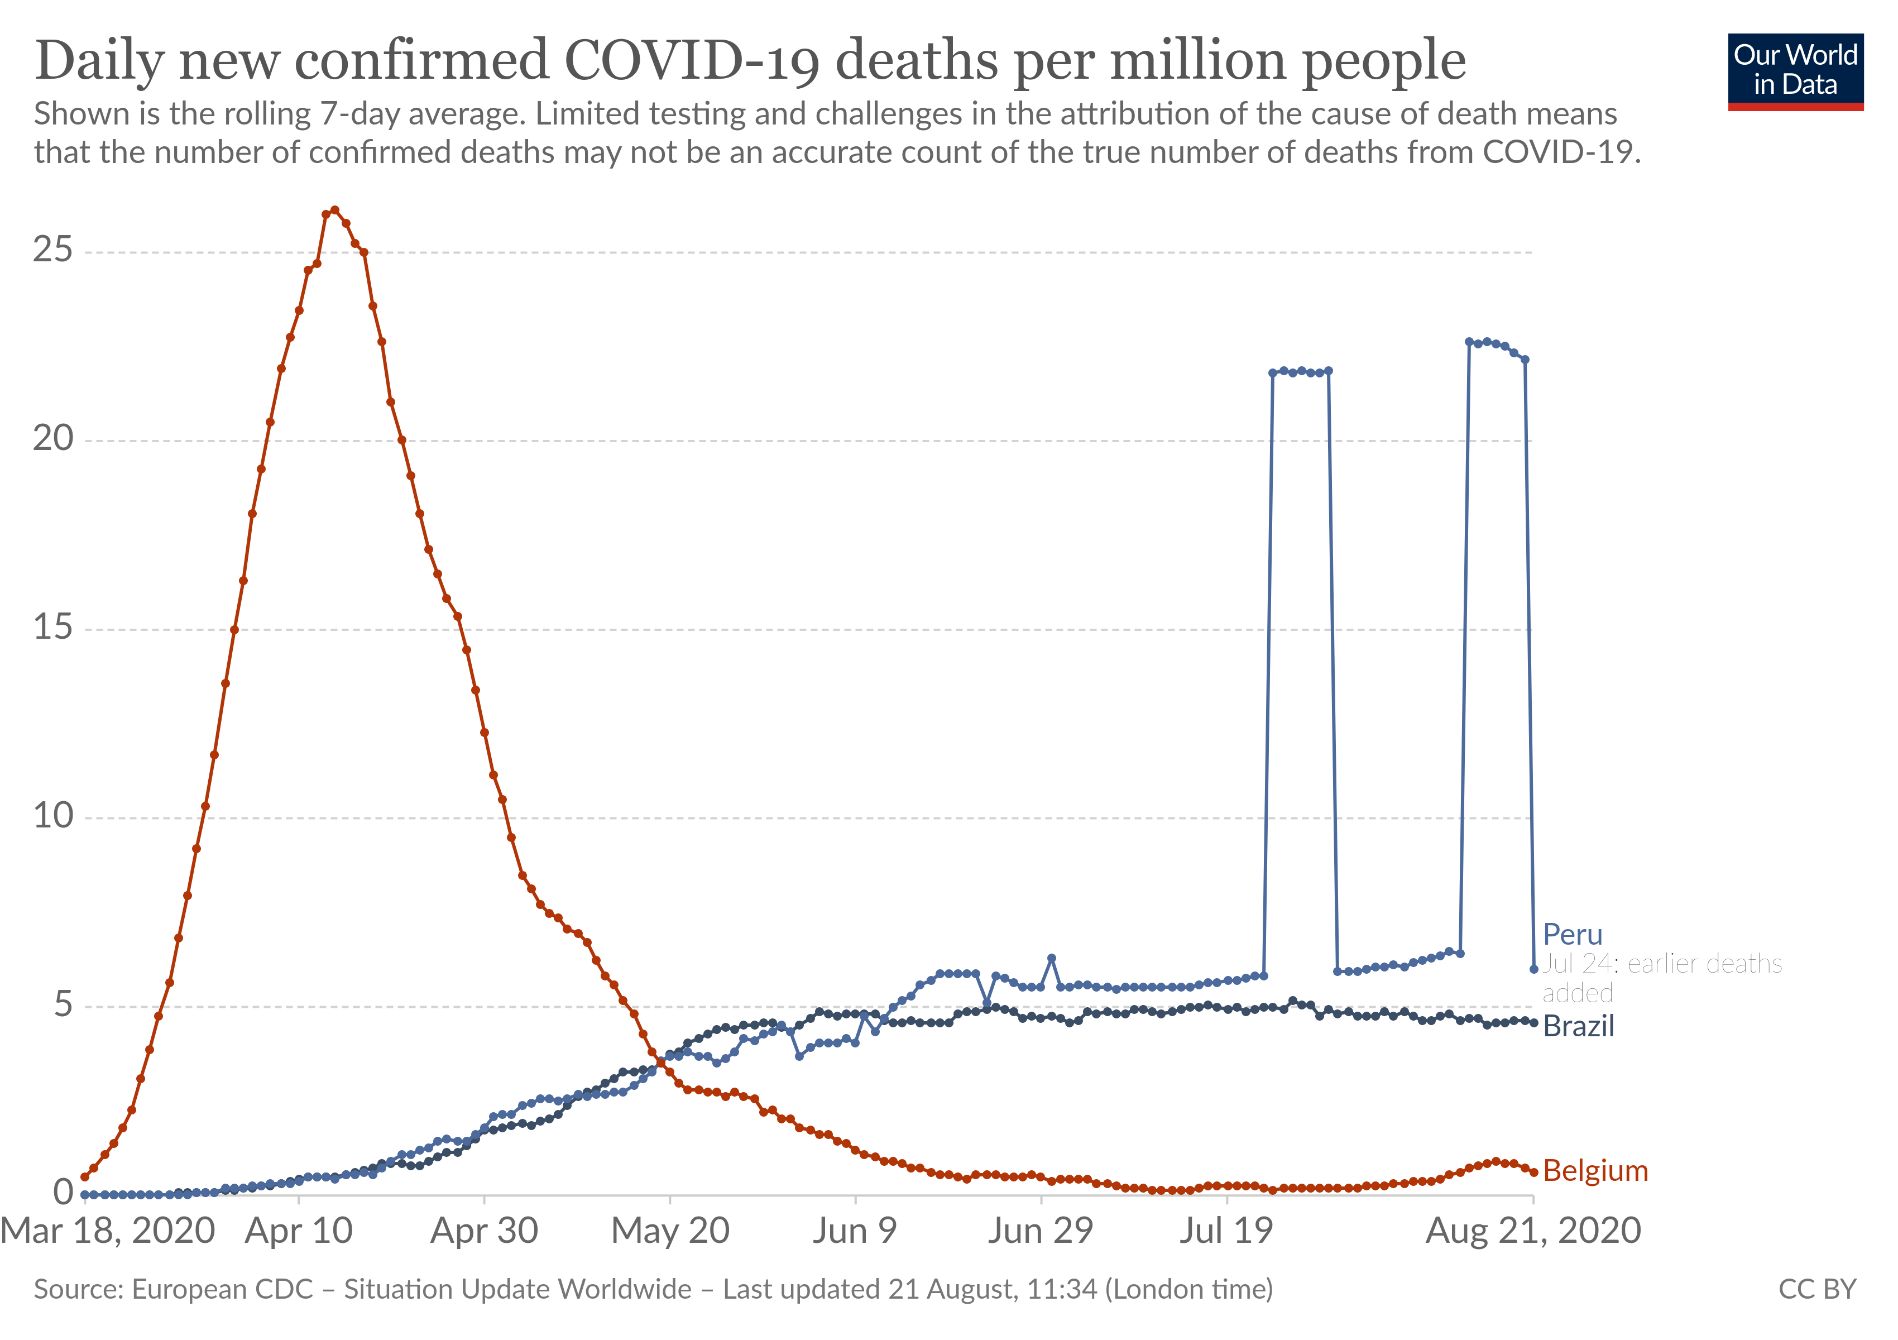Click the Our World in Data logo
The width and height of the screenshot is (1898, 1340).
point(1795,71)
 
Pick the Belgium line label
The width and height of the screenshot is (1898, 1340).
point(1595,1170)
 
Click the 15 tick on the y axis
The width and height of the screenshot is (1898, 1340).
point(53,628)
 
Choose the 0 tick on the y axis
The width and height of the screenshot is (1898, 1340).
point(63,1192)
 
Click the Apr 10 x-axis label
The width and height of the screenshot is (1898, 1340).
point(299,1231)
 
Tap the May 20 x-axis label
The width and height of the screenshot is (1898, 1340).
point(669,1231)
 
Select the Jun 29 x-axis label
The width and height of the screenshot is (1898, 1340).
point(1040,1231)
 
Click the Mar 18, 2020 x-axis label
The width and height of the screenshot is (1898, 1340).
point(108,1231)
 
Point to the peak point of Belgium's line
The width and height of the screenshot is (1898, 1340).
point(335,210)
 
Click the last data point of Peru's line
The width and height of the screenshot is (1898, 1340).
point(1533,969)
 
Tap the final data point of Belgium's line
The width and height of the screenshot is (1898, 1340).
point(1533,1172)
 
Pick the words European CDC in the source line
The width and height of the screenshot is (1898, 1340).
point(222,1289)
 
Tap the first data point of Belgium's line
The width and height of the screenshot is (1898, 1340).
point(84,1176)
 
